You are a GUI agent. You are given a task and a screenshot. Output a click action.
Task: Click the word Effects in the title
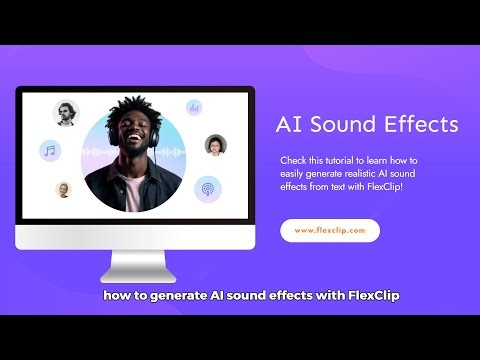[x=422, y=125]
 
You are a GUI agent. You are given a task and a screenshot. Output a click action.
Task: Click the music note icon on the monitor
[x=49, y=151]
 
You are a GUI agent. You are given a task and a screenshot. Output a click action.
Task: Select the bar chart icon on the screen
[x=194, y=106]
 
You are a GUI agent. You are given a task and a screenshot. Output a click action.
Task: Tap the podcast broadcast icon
[x=207, y=187]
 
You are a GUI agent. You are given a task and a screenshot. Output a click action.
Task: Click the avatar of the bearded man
[x=66, y=114]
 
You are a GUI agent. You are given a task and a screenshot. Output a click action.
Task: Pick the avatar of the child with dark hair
[x=215, y=146]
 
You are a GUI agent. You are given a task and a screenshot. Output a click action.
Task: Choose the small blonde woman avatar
[x=63, y=189]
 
